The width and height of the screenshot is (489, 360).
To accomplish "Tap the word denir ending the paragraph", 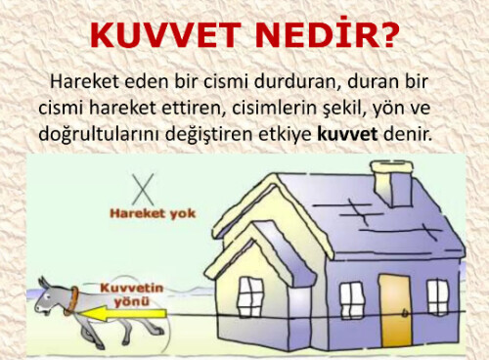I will tap(410, 130).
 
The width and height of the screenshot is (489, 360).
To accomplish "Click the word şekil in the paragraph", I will tap(319, 105).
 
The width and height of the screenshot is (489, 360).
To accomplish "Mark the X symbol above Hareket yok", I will tap(145, 187).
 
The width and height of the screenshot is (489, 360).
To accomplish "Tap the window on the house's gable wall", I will tap(250, 295).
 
